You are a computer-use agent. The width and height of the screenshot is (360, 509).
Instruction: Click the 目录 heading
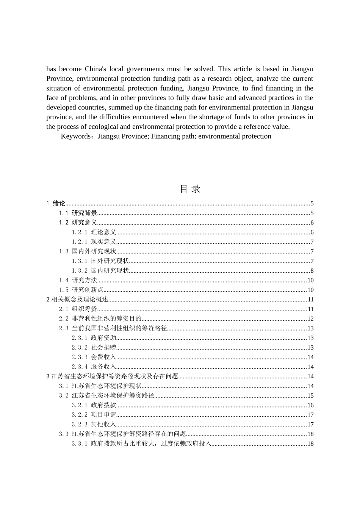click(x=190, y=189)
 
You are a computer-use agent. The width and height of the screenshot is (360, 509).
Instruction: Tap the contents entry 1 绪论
click(x=56, y=203)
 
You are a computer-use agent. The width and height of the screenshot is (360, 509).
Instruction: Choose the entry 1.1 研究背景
click(x=78, y=213)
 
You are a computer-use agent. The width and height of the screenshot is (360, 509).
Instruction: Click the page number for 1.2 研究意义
click(x=312, y=223)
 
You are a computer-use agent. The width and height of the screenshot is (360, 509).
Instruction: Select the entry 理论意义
click(x=103, y=233)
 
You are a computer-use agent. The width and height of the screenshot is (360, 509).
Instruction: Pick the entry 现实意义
click(x=103, y=242)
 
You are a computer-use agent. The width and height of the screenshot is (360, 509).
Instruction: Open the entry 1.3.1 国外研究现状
click(x=100, y=261)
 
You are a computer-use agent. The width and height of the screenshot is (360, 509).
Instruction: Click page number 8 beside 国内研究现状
click(x=312, y=271)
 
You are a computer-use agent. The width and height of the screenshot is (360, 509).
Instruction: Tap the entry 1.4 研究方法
click(x=78, y=280)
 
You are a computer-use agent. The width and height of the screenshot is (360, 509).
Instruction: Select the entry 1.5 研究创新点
click(x=81, y=290)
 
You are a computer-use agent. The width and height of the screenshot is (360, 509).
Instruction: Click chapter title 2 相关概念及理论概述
click(x=77, y=300)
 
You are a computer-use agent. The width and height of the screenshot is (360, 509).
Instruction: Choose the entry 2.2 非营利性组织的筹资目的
click(x=100, y=319)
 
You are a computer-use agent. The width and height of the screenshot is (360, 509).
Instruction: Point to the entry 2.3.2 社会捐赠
click(x=94, y=348)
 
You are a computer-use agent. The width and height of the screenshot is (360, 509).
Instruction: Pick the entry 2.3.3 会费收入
click(x=94, y=357)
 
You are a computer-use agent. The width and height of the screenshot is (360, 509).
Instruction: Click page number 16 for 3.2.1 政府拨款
click(x=310, y=405)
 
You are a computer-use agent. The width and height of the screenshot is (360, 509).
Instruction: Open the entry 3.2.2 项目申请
click(x=94, y=415)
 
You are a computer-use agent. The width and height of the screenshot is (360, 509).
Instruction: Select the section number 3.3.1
click(x=80, y=444)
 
